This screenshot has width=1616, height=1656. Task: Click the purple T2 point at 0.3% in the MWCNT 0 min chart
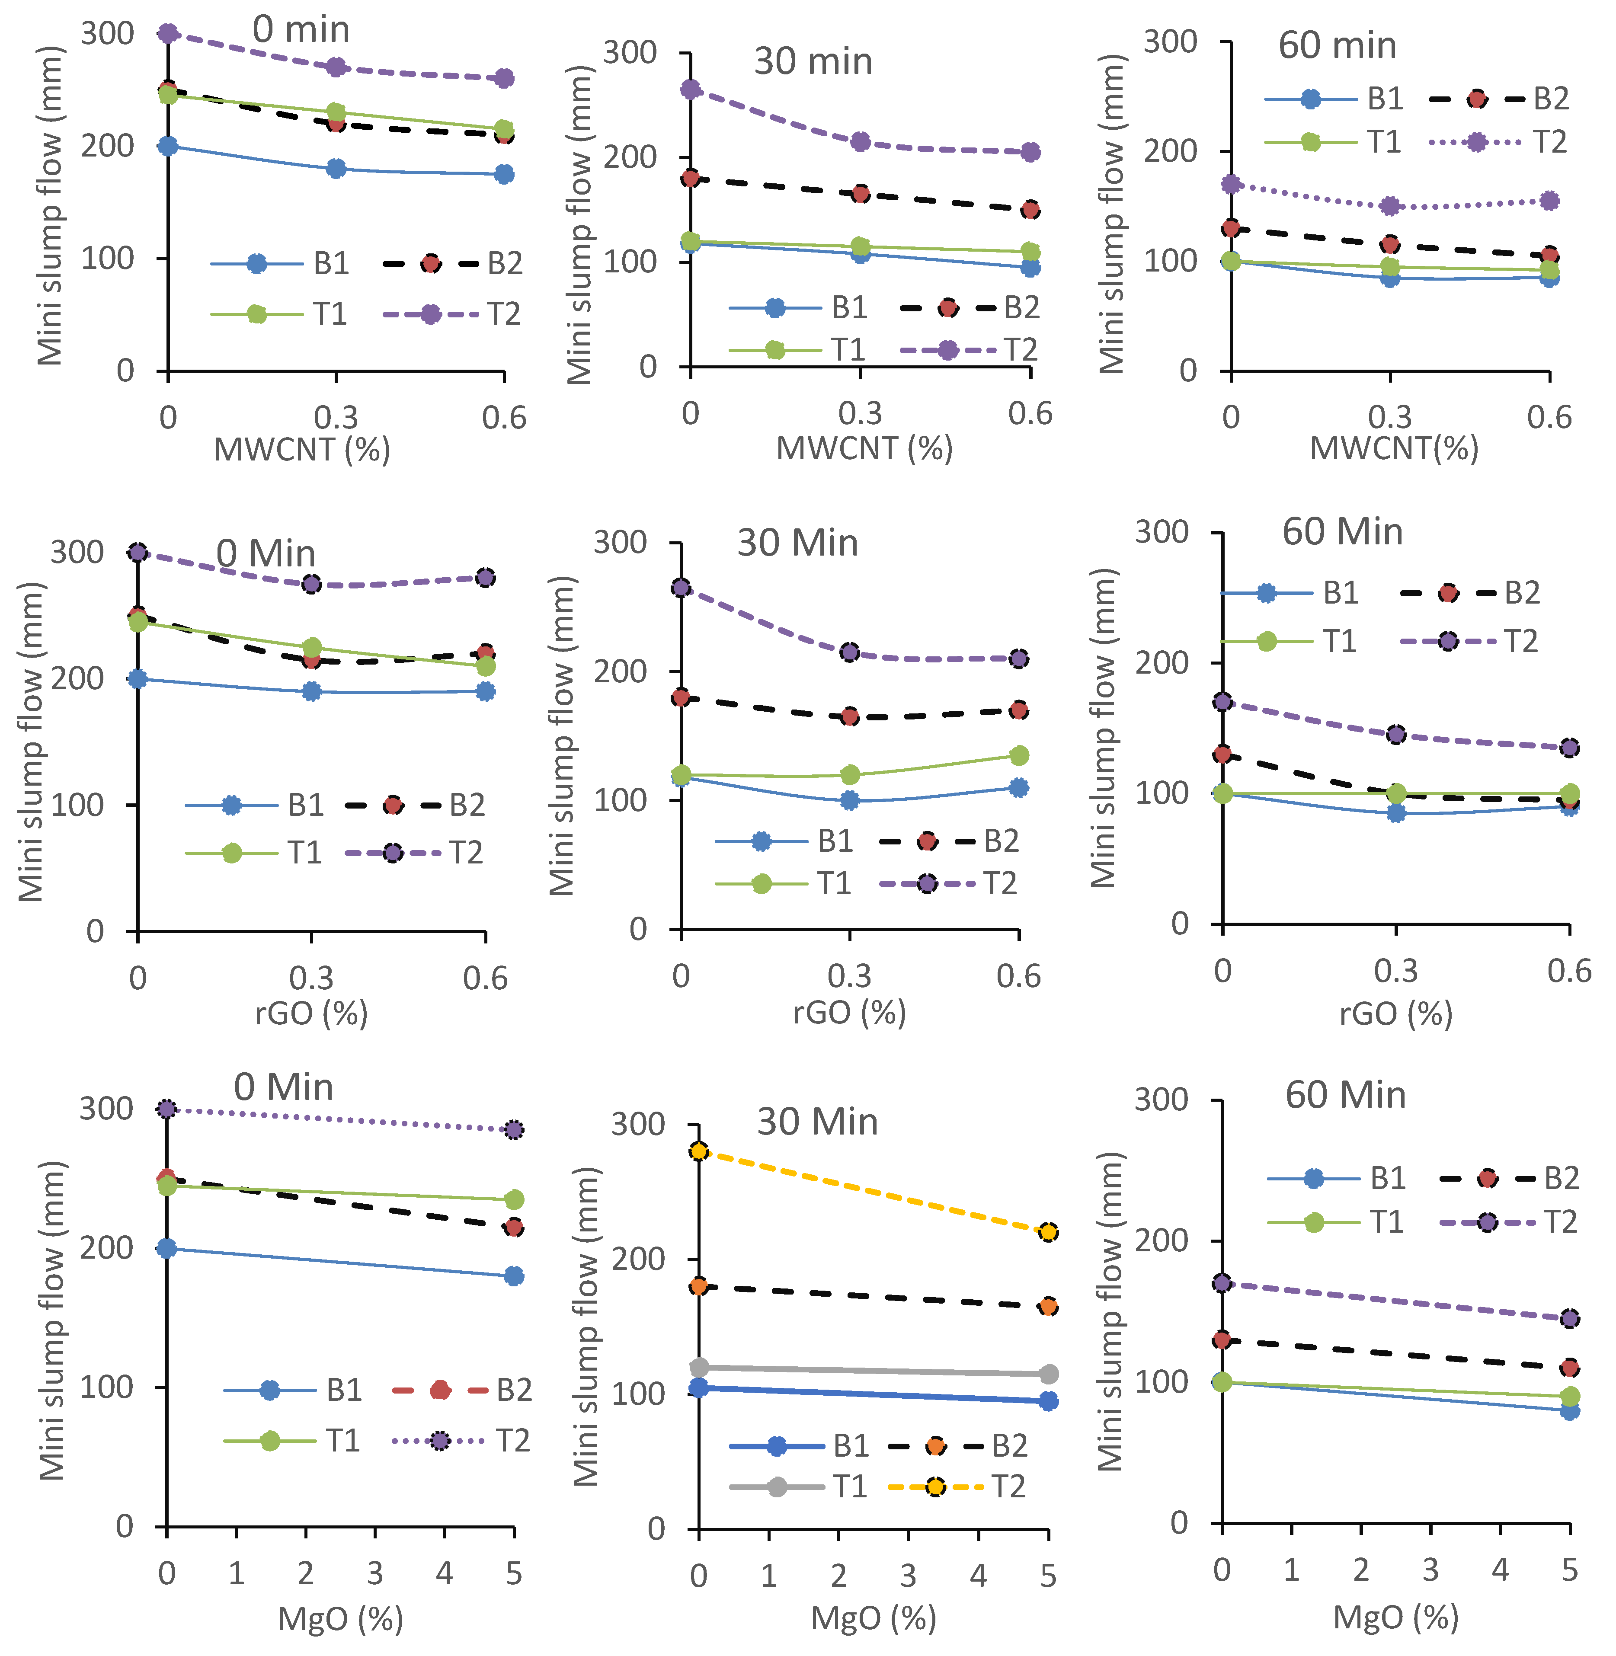(x=336, y=67)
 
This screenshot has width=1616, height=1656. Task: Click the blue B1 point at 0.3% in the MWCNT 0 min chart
(x=336, y=168)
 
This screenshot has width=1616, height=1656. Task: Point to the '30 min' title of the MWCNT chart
(x=813, y=61)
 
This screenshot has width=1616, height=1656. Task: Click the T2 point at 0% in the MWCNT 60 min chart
(x=1231, y=184)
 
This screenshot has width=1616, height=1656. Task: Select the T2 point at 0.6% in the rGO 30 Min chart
(x=1018, y=659)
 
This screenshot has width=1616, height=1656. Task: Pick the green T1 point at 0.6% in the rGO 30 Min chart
(x=1018, y=755)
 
